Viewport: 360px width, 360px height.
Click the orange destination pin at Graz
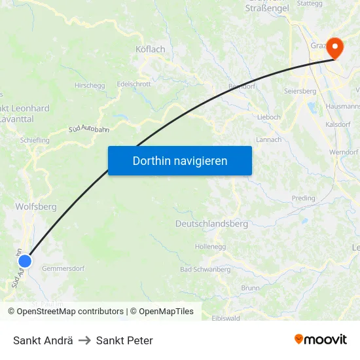click(334, 47)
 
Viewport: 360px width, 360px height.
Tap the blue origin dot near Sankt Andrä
click(25, 261)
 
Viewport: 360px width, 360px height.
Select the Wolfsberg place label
click(35, 206)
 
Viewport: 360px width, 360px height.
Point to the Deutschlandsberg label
click(211, 224)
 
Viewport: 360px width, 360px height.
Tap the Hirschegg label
click(90, 85)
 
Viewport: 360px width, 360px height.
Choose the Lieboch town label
click(269, 116)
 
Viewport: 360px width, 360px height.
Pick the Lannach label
click(268, 139)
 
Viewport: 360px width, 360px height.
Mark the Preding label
click(303, 198)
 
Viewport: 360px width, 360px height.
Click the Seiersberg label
click(300, 91)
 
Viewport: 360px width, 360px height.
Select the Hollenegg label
click(210, 247)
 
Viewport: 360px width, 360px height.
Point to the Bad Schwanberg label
click(205, 270)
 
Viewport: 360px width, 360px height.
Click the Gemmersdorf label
click(63, 268)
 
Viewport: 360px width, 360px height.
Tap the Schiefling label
click(35, 140)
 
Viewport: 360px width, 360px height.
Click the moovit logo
click(320, 340)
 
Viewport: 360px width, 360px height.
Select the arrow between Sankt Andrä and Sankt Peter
click(84, 340)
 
